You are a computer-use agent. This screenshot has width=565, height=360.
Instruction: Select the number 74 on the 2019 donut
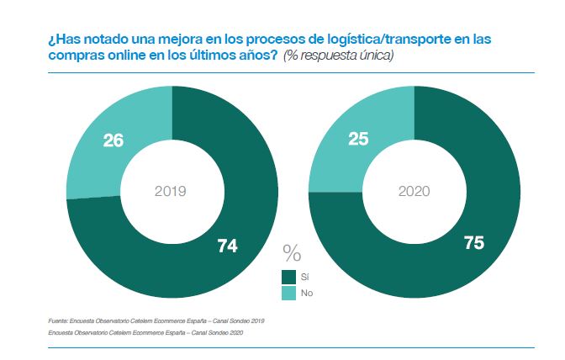coord(227,246)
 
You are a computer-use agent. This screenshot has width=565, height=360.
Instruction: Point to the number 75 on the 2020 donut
coord(473,242)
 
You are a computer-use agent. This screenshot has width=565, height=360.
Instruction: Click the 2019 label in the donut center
coord(171,191)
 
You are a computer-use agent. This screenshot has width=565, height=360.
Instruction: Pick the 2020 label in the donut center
coord(413,191)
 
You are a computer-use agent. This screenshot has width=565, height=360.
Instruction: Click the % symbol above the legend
coord(292,251)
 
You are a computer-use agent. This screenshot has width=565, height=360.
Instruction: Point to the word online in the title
coord(107,56)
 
